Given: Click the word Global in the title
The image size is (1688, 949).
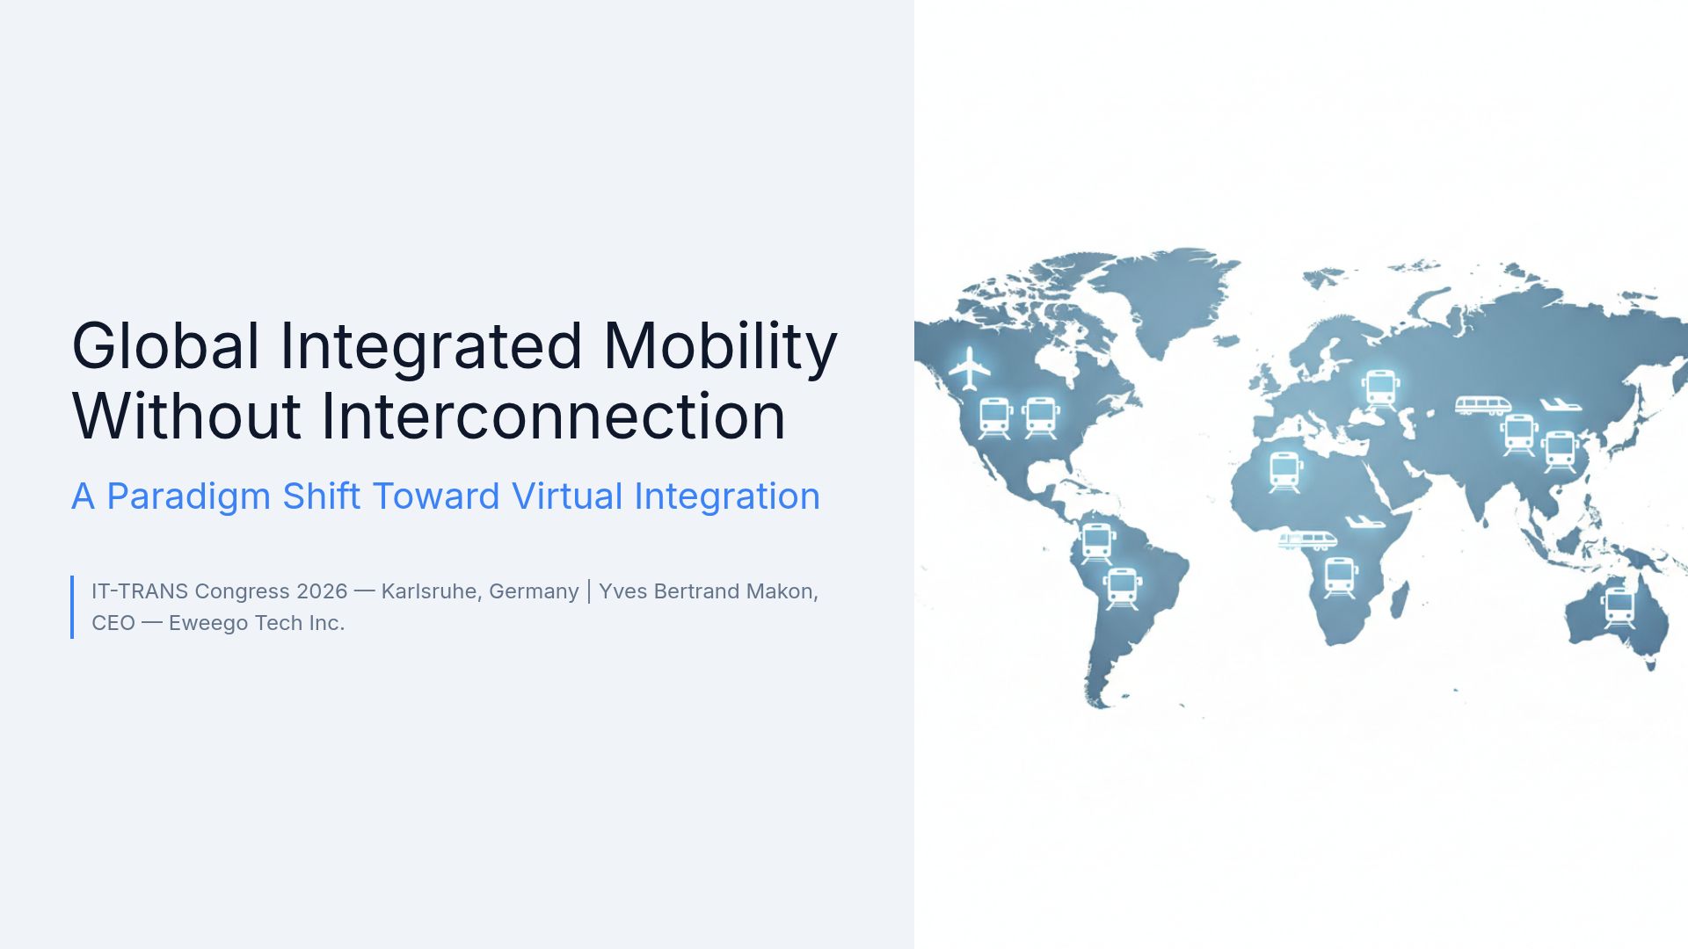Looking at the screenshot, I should [165, 346].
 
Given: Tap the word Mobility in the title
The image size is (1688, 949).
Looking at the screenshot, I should [720, 346].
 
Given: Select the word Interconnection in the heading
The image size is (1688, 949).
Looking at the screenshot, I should [553, 417].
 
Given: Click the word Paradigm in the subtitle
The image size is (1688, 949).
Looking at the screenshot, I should [188, 497].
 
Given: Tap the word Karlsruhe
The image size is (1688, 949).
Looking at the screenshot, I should [429, 591].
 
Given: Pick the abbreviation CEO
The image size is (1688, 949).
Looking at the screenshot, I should [113, 623].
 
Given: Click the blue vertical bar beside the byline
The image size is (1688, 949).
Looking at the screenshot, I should [72, 607].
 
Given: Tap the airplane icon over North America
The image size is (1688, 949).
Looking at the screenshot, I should [969, 368].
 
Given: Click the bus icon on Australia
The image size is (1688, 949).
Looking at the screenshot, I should [1619, 607].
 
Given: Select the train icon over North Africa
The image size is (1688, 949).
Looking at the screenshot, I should [1285, 472].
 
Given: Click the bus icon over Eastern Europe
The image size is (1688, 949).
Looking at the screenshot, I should [1380, 388].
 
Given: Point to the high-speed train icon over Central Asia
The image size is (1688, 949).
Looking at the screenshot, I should [1482, 405].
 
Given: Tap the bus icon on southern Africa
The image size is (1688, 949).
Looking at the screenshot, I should [1340, 577].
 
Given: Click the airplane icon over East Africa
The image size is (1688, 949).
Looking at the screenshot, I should [1364, 523].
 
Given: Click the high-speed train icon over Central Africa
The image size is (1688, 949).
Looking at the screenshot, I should [1307, 540].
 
